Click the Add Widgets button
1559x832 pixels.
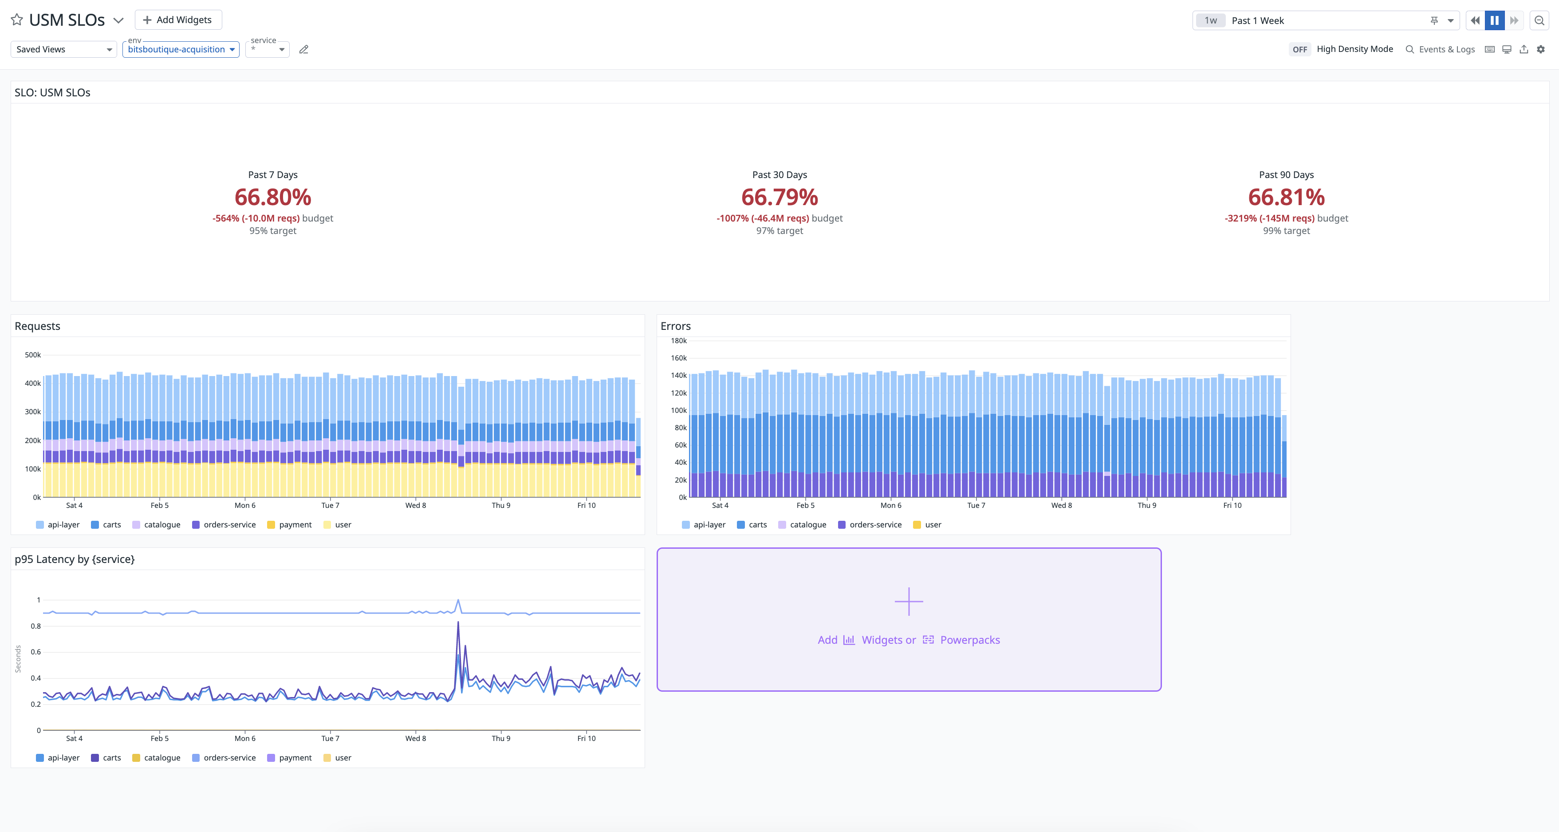tap(178, 20)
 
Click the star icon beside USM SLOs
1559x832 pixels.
tap(17, 20)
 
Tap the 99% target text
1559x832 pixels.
tap(1286, 231)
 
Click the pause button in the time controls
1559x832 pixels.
tap(1494, 20)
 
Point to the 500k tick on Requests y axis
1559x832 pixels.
tap(33, 355)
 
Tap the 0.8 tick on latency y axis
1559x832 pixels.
tap(35, 626)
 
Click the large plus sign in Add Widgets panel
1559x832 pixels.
tap(909, 601)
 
